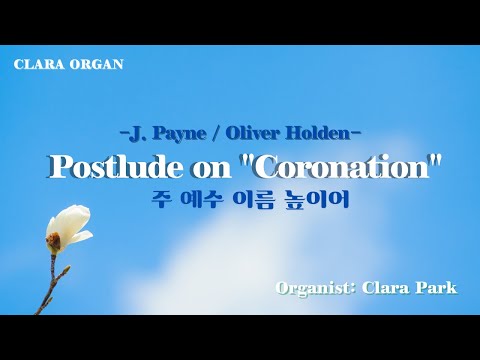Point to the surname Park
(438, 288)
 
